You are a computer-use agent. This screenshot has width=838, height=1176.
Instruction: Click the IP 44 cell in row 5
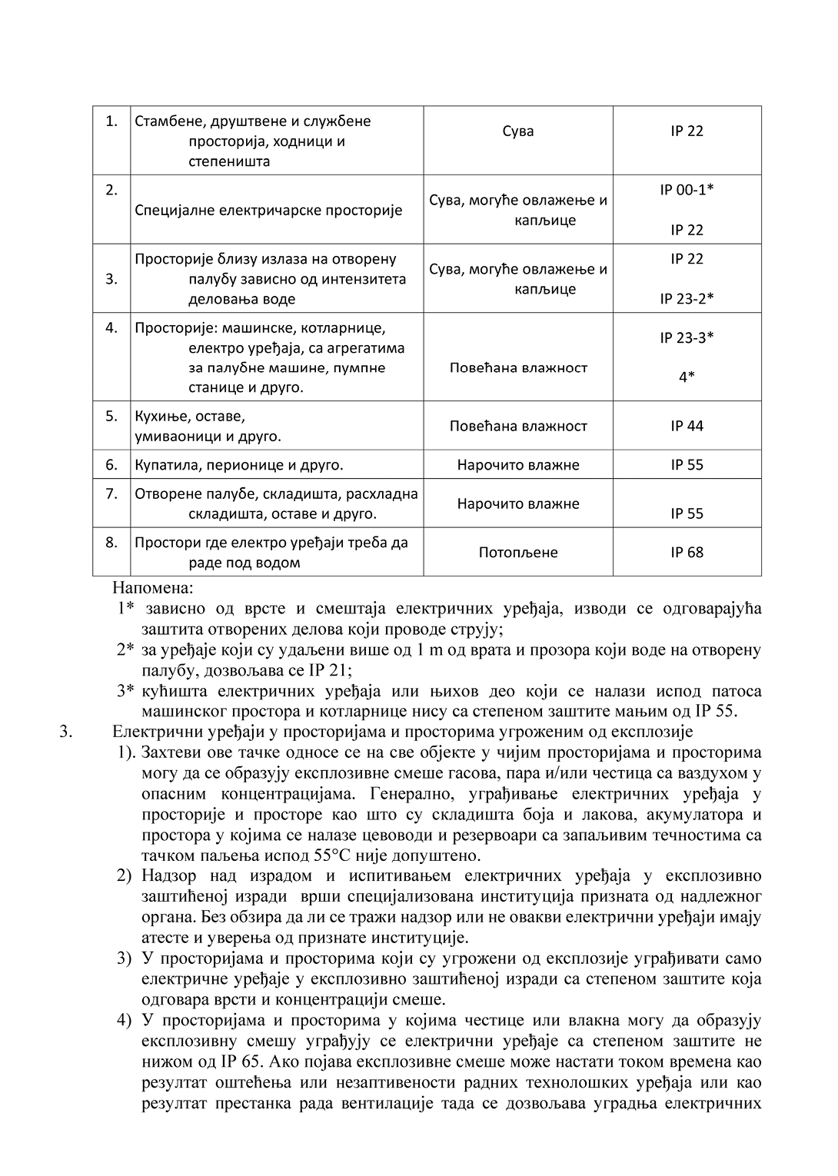coord(687,426)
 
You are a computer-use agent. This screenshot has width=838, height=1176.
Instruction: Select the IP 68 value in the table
coord(687,552)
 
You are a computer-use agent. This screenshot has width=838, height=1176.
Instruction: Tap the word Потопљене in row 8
coord(518,552)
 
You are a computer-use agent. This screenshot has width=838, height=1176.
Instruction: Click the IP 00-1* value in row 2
coord(687,189)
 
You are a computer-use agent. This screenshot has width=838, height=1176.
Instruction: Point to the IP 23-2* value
coord(687,298)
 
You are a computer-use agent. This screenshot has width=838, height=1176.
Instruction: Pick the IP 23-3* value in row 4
coord(687,337)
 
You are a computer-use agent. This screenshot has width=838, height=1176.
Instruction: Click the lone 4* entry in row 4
coord(687,377)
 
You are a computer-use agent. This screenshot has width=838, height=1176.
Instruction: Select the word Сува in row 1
coord(518,131)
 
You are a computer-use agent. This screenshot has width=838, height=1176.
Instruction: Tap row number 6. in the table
coord(111,464)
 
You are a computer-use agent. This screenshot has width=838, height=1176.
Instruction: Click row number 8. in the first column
coord(111,542)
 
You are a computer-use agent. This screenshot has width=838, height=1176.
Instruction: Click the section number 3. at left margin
coord(66,732)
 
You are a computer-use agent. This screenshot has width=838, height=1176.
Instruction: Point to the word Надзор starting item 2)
coord(168,876)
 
